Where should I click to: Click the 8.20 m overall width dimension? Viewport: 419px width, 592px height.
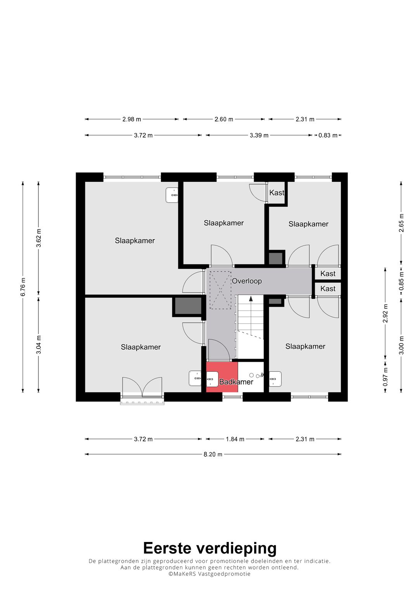(213, 454)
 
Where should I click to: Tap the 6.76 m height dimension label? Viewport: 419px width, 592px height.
(23, 287)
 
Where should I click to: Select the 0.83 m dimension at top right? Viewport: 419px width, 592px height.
(328, 135)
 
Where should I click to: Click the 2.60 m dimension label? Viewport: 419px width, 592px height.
(224, 119)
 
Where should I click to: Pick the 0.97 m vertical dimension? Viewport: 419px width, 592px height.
(385, 376)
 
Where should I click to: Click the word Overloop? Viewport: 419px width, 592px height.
(247, 281)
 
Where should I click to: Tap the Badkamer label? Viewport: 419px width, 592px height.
(236, 382)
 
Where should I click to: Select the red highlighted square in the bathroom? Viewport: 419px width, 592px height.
(222, 377)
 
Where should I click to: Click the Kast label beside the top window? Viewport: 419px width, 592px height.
(277, 193)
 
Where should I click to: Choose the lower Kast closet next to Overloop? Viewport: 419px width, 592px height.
(328, 288)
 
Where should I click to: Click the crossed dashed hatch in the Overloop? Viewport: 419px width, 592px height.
(220, 290)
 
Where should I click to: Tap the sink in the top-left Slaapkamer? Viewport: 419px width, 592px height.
(172, 195)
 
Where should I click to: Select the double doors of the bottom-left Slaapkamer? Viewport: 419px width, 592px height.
(142, 387)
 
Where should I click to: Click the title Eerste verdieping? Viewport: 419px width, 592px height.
(210, 548)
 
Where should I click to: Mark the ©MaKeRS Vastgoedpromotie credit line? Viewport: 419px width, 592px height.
(209, 573)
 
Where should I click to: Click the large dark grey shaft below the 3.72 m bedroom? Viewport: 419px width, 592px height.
(187, 306)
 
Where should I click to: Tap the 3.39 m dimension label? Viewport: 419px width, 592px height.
(259, 135)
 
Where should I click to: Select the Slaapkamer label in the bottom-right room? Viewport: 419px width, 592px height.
(305, 346)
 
